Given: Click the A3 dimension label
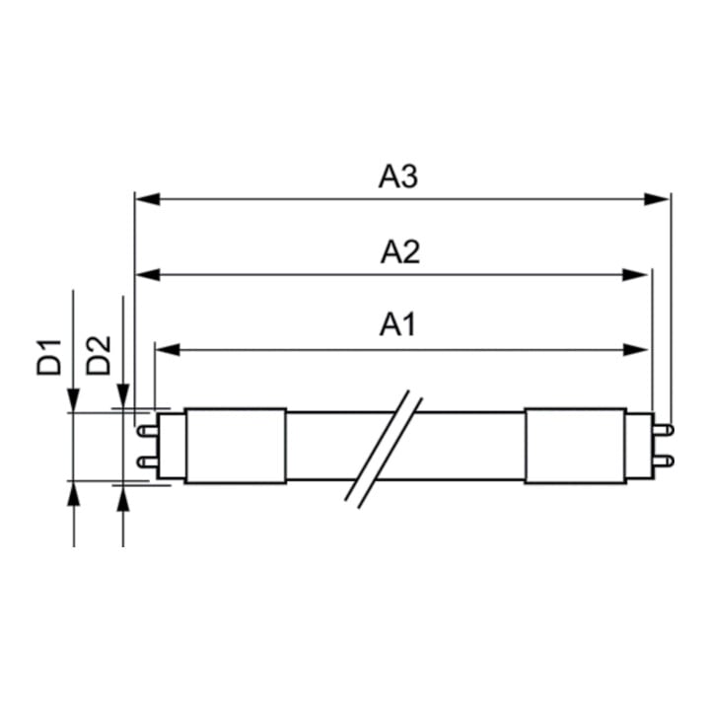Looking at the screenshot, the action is pyautogui.click(x=398, y=177).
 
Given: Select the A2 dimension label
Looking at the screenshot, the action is pyautogui.click(x=399, y=252).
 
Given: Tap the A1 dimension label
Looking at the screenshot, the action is pyautogui.click(x=397, y=324).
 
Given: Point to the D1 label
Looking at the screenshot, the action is pyautogui.click(x=49, y=357).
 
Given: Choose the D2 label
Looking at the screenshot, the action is pyautogui.click(x=98, y=355).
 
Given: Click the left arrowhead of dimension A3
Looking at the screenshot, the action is pyautogui.click(x=148, y=199).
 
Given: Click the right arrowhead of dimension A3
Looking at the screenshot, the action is pyautogui.click(x=656, y=199).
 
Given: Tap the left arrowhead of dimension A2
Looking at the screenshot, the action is pyautogui.click(x=148, y=274).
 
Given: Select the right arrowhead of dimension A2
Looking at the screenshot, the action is pyautogui.click(x=635, y=274).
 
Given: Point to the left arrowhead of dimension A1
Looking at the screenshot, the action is pyautogui.click(x=168, y=349).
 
